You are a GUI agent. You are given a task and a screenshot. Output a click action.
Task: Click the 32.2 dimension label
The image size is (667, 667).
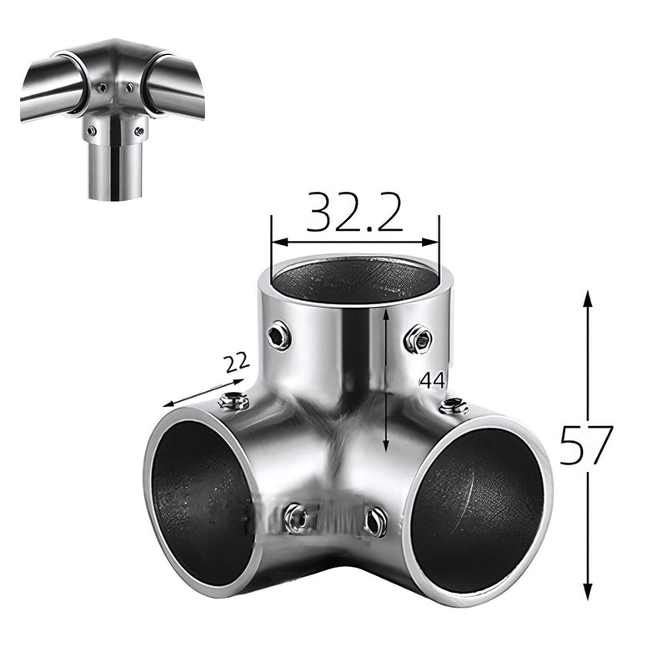354,213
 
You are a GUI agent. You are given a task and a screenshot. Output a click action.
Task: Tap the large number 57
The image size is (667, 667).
586,445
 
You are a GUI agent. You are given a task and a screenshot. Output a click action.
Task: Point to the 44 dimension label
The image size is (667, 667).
432,381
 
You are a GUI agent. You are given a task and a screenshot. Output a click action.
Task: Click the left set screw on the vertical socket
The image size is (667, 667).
278,336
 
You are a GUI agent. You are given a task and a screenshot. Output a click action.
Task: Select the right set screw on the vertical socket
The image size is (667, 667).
417,339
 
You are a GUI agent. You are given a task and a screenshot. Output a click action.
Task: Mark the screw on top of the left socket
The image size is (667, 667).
233,402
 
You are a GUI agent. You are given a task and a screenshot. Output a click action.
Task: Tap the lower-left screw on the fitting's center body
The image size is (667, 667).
296,519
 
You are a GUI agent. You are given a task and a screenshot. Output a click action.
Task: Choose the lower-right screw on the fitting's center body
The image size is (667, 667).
374,522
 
